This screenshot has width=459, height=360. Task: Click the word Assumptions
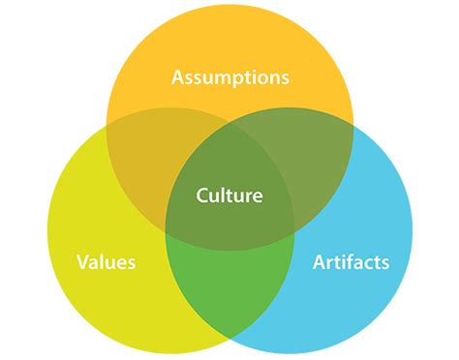229,76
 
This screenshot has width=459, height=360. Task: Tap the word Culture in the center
229,195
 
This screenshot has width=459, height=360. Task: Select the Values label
107,261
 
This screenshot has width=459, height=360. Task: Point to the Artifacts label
352,261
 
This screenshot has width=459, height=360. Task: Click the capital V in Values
83,261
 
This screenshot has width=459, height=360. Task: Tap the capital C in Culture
201,195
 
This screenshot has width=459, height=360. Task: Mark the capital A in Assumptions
178,76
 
